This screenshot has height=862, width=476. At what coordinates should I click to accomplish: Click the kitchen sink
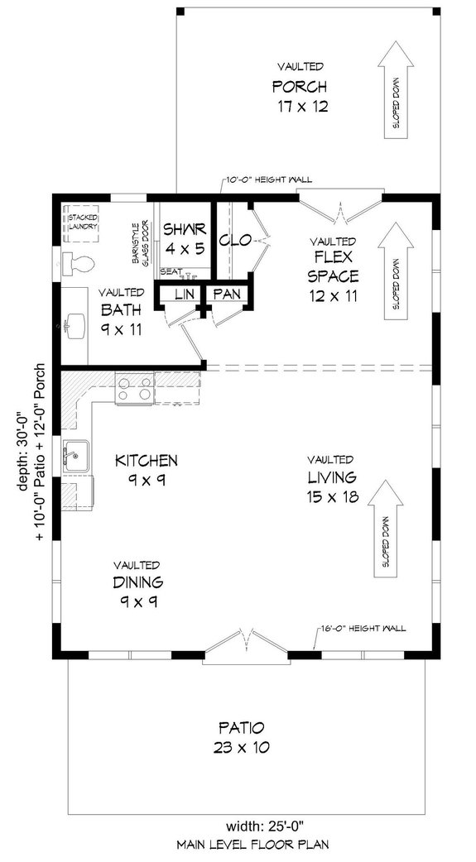pos(75,454)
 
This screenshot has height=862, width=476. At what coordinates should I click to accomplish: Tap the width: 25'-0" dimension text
pos(239,825)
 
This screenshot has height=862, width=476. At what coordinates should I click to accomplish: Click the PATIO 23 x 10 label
pos(241,737)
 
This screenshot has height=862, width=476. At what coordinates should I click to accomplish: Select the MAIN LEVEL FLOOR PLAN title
pos(240,845)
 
